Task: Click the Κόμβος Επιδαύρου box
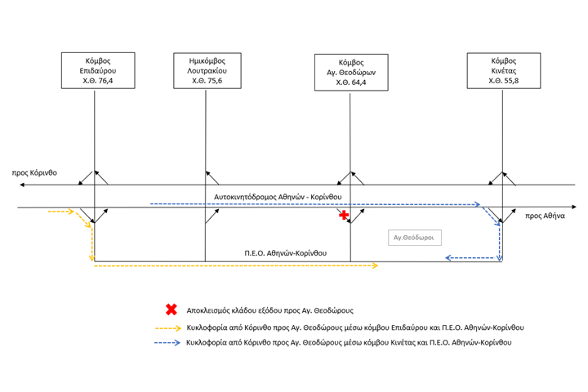tap(98, 70)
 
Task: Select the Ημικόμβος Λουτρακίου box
tap(207, 70)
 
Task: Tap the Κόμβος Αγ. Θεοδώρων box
tap(351, 73)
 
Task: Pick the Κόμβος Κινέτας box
tap(504, 70)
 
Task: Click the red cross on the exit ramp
tap(344, 215)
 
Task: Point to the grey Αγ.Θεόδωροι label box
tap(415, 238)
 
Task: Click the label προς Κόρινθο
tap(34, 173)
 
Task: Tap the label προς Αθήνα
tap(545, 216)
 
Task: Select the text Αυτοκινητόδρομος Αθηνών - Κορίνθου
tap(278, 197)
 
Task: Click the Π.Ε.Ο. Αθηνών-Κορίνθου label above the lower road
tap(285, 253)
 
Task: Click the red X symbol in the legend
tap(171, 310)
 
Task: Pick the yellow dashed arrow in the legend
tap(168, 328)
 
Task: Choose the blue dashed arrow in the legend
tap(167, 342)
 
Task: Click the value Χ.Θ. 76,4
tap(98, 81)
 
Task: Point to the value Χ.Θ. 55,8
tap(504, 81)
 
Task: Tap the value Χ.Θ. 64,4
tap(351, 82)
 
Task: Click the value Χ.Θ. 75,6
tap(207, 81)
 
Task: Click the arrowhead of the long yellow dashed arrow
tap(376, 265)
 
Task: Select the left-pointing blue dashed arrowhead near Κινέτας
tap(448, 258)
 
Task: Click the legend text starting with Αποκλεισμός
tap(270, 310)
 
